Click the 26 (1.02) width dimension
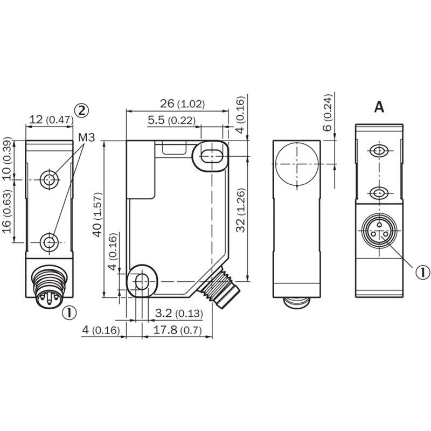point(183,104)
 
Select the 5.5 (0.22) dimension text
point(172,120)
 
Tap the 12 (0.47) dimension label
point(51,120)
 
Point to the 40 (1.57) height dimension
point(98,214)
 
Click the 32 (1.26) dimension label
point(241,211)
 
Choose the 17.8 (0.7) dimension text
point(177,330)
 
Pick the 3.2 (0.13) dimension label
point(179,313)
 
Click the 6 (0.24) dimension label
point(328,113)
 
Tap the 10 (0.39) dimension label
point(7,158)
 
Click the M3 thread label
point(87,137)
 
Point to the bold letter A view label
point(379,107)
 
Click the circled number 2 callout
point(82,111)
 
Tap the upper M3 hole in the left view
point(50,179)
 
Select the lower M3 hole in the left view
point(50,242)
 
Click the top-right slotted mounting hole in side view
point(211,156)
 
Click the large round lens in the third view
point(297,164)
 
